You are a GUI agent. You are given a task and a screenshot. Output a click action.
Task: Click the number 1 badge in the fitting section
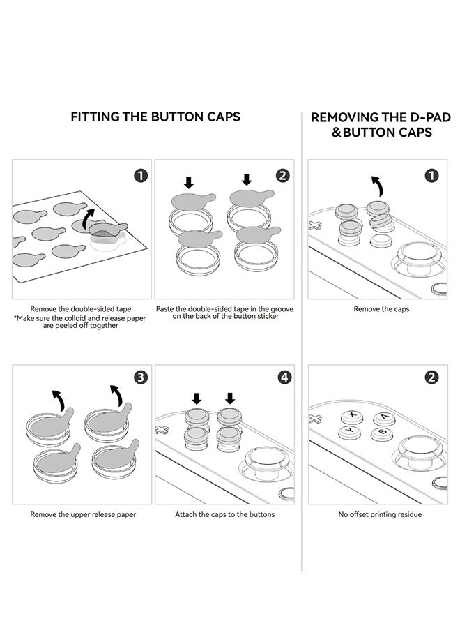(x=141, y=175)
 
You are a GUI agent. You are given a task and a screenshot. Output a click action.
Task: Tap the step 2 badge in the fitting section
(x=282, y=175)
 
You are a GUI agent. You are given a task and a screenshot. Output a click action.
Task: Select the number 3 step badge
(x=141, y=377)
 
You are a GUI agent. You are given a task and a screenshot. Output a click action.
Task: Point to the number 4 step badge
(x=284, y=377)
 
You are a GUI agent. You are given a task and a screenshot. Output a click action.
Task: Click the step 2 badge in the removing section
(x=431, y=377)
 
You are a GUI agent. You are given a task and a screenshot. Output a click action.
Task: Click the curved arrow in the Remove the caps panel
(x=376, y=187)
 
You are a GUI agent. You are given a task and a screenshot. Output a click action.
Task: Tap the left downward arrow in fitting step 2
(x=188, y=183)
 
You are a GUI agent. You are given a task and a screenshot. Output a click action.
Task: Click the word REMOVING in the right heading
(x=345, y=117)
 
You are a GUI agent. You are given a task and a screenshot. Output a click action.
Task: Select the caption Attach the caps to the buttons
(x=224, y=514)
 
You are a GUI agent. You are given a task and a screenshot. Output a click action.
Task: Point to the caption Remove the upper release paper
(x=82, y=514)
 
